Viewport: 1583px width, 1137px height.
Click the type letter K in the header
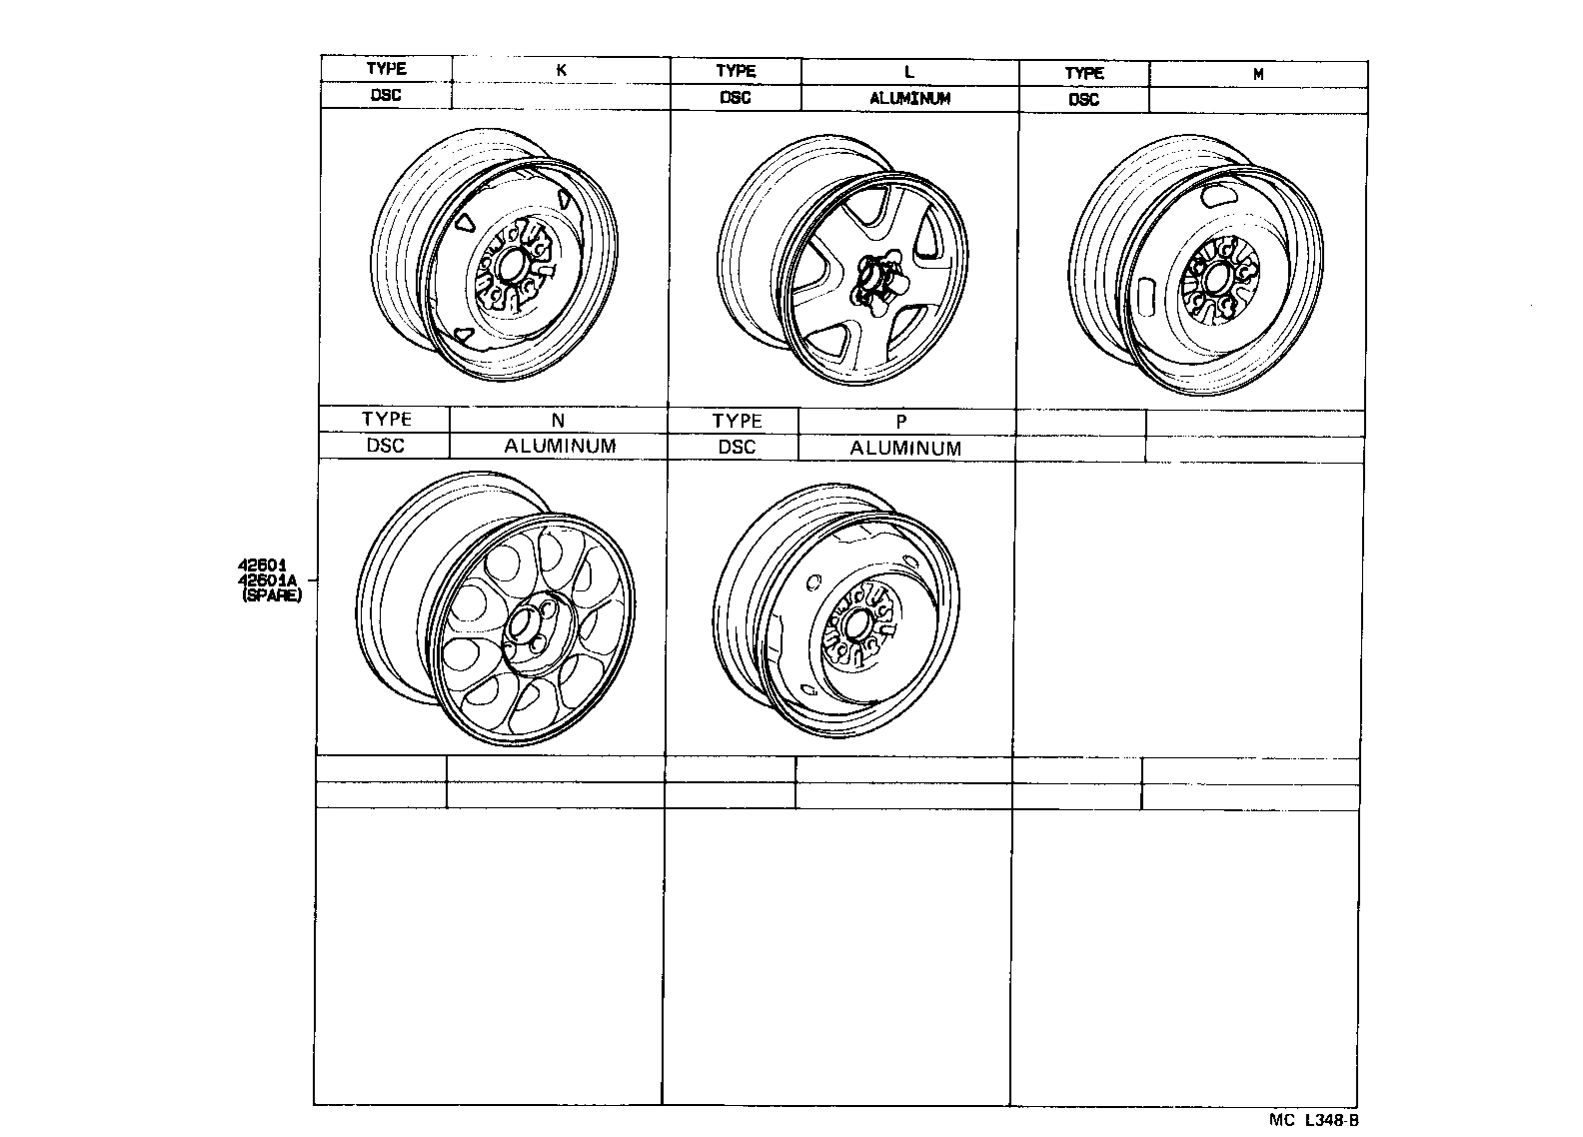click(x=562, y=70)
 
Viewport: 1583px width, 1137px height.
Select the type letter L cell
click(x=908, y=72)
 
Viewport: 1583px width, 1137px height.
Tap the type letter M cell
click(x=1258, y=74)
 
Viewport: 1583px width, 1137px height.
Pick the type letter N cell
click(x=558, y=421)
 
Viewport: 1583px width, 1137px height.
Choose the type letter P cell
click(x=900, y=423)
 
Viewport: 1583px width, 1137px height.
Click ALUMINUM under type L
click(x=909, y=98)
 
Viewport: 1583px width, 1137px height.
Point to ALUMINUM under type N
click(x=560, y=446)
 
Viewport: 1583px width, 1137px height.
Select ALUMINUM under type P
click(x=905, y=449)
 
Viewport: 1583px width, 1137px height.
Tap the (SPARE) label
click(x=271, y=594)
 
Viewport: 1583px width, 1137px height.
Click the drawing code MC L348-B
click(x=1313, y=1120)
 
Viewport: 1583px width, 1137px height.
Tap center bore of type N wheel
click(x=522, y=626)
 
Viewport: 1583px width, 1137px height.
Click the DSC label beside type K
click(x=386, y=96)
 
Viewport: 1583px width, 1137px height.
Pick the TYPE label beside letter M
click(x=1084, y=73)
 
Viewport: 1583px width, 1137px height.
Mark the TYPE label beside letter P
click(x=738, y=421)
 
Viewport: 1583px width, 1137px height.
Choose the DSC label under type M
click(x=1083, y=100)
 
